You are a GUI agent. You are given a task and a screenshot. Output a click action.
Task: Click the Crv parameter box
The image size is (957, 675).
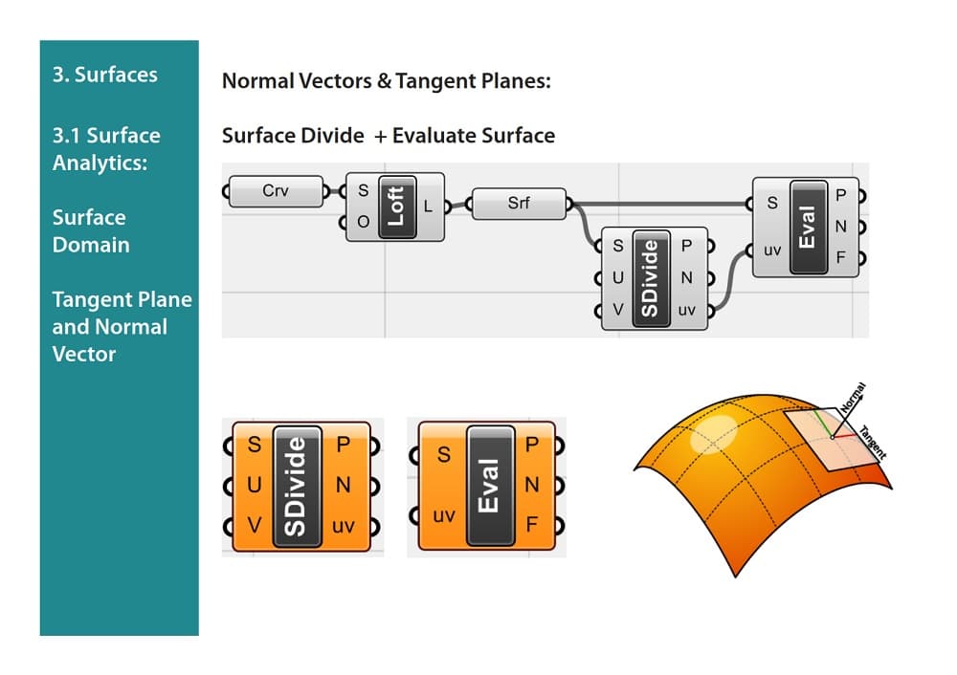(276, 191)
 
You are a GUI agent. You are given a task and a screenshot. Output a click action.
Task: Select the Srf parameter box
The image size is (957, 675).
(519, 203)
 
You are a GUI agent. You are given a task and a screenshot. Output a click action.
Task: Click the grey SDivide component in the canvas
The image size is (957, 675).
(651, 278)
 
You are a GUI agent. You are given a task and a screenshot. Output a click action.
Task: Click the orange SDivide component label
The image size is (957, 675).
(297, 486)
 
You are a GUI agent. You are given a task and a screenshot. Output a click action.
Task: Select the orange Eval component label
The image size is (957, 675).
(490, 486)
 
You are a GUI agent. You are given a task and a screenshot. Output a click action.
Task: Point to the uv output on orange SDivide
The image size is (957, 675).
(344, 526)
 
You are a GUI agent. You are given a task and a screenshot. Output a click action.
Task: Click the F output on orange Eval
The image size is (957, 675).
(533, 524)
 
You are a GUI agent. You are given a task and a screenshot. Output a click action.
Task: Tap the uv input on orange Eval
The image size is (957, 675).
(444, 516)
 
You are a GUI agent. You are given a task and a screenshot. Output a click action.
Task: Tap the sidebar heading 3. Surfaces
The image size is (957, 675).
(105, 75)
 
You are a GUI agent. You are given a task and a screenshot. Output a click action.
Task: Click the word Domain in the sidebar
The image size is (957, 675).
(91, 245)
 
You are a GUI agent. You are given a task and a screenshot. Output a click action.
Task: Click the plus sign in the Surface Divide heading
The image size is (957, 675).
(381, 136)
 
